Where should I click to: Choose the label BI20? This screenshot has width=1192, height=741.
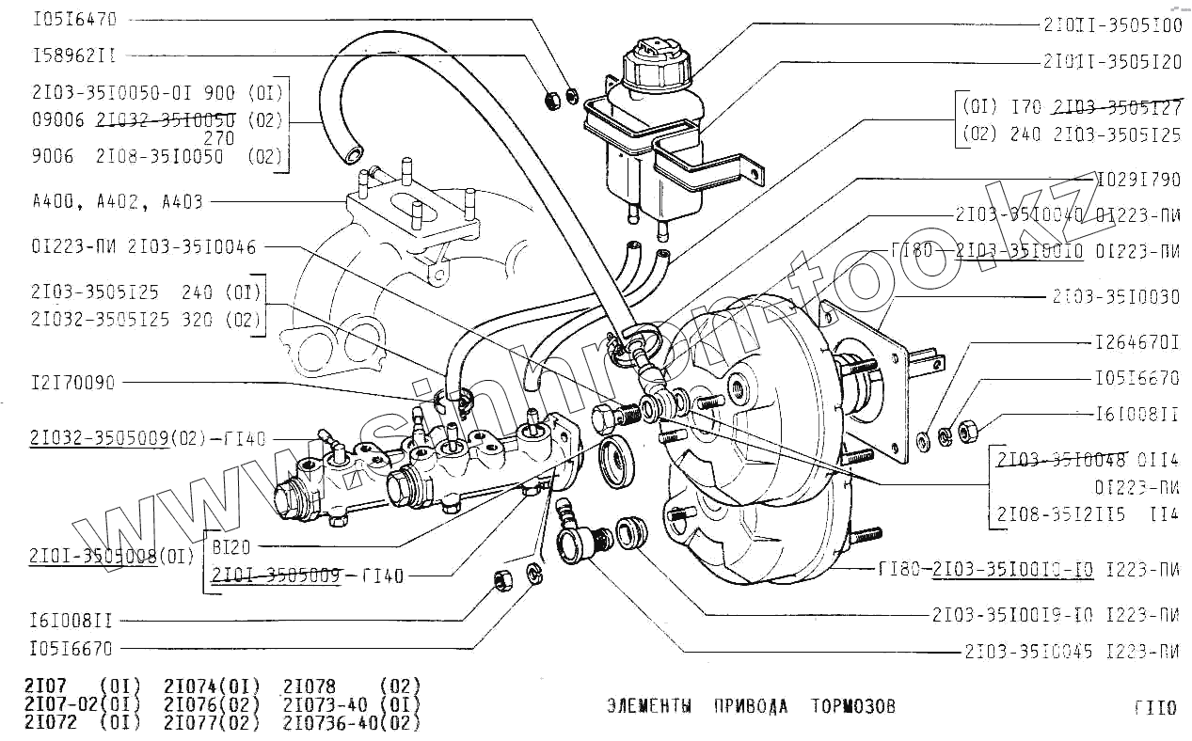point(231,546)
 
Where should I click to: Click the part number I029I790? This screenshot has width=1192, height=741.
point(1138,179)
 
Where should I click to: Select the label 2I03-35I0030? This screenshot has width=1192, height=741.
point(1116,297)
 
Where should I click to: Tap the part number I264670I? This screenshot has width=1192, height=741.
point(1137,342)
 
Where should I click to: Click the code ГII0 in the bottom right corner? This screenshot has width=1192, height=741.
point(1154,708)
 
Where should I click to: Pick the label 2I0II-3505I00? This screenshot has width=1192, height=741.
point(1113,25)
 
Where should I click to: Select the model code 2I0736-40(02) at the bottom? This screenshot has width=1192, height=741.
point(351,723)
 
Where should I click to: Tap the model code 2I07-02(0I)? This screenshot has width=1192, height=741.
point(82,704)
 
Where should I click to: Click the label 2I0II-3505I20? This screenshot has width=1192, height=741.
point(1113,62)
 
